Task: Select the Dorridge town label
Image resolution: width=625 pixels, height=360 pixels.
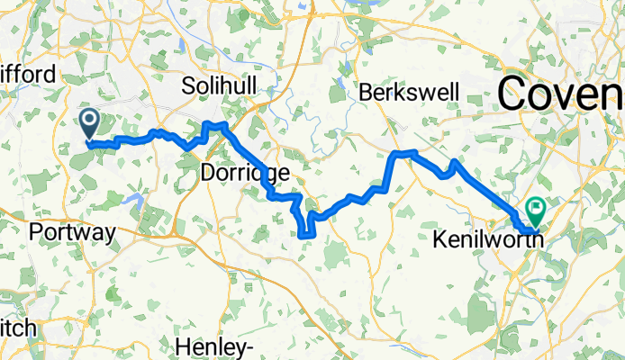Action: (231, 172)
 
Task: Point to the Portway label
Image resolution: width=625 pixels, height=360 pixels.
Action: (72, 232)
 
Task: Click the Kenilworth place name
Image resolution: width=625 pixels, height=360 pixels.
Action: (487, 240)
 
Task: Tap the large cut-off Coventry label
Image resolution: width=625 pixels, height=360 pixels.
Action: (561, 92)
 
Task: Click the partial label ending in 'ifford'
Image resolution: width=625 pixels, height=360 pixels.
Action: (28, 75)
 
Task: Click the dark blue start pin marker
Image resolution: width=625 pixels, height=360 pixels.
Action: (90, 122)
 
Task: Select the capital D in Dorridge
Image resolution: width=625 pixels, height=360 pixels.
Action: (204, 172)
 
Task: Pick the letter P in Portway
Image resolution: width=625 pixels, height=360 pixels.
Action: (35, 232)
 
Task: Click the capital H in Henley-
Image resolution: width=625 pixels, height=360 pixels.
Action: (180, 346)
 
